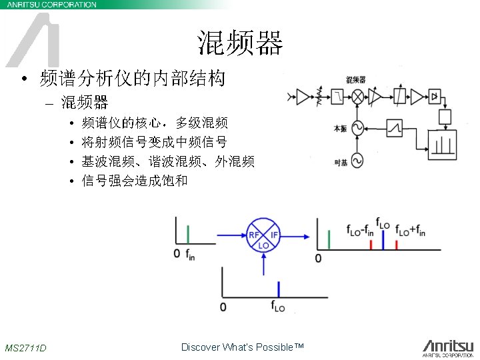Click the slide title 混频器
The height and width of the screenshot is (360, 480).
click(240, 43)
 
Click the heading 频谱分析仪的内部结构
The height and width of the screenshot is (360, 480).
click(131, 79)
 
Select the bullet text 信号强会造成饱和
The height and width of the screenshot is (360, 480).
click(134, 180)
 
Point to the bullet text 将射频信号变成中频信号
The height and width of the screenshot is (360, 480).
click(154, 142)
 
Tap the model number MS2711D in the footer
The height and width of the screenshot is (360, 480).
click(25, 347)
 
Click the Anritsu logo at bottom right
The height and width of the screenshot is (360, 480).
click(447, 347)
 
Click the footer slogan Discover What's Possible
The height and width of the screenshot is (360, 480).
click(242, 347)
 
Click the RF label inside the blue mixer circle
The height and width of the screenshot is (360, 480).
click(254, 235)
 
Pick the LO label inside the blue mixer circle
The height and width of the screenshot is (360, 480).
click(264, 245)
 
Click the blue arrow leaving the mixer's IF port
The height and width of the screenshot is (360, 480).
click(296, 235)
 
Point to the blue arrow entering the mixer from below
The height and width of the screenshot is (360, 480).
click(264, 265)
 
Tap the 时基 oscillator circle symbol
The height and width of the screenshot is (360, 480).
click(357, 161)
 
